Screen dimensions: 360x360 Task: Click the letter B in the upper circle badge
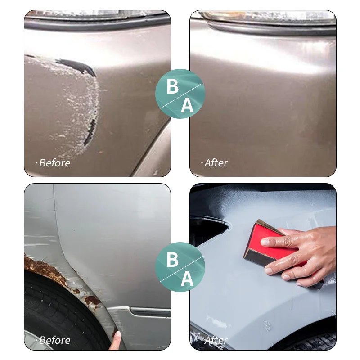point(172,86)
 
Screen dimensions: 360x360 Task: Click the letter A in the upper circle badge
point(187,106)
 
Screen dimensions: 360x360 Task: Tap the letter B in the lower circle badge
point(172,260)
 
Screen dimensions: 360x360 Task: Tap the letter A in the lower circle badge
point(187,279)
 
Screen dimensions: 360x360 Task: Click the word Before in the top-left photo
point(54,162)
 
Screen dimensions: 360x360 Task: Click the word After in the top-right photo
point(216,162)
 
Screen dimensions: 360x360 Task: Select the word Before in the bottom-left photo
point(54,340)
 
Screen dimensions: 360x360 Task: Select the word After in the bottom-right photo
point(216,340)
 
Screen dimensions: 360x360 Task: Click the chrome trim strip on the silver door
point(148,310)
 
